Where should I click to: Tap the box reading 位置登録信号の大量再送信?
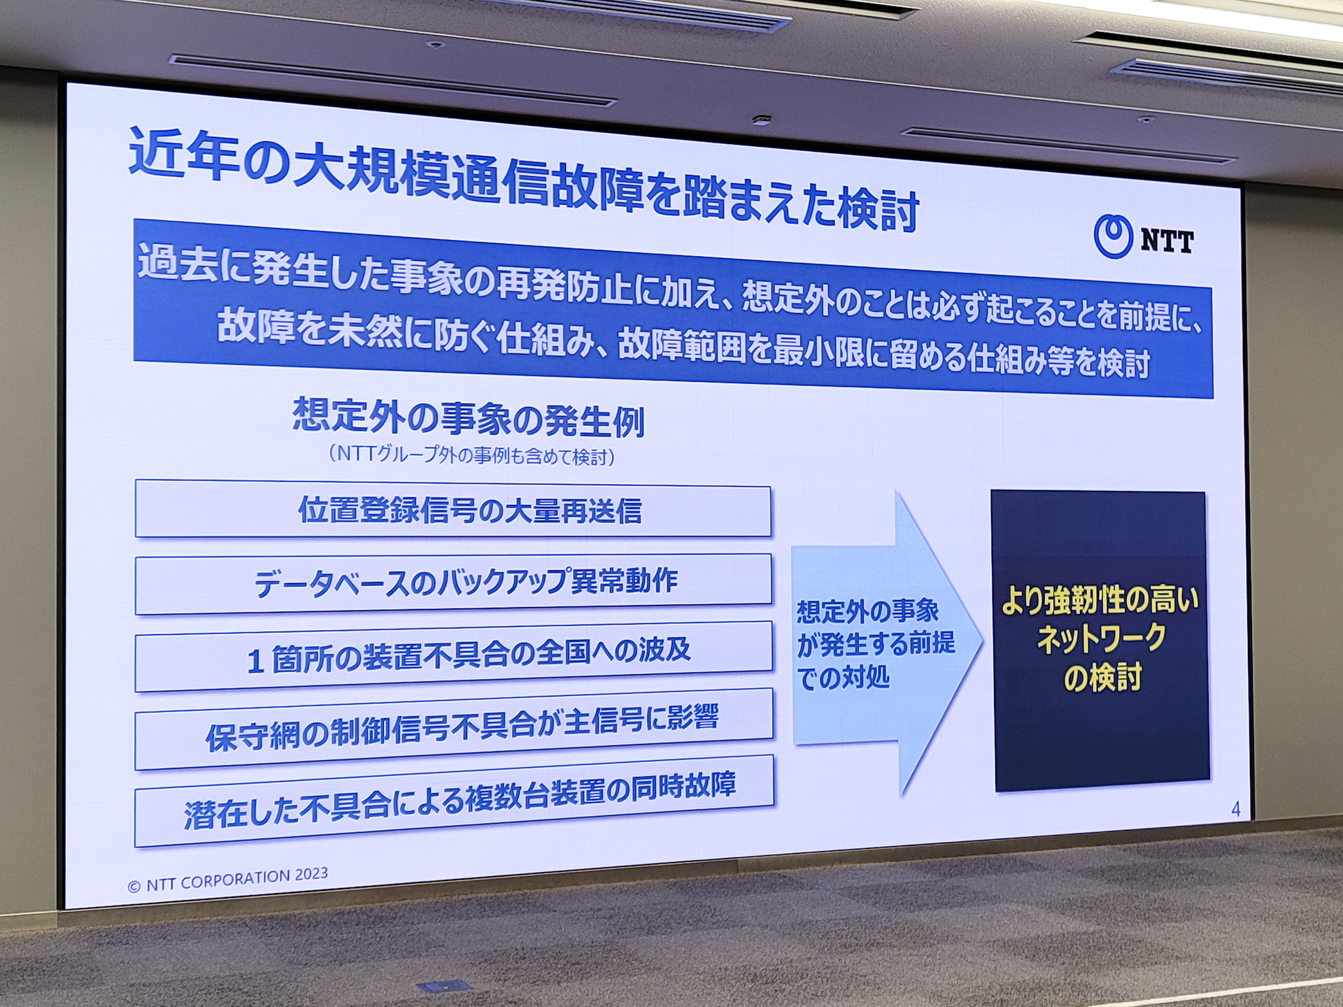coord(453,510)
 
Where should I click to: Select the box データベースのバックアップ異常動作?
coord(453,583)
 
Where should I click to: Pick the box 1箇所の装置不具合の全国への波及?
coord(454,657)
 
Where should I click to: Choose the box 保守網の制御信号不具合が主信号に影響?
coord(454,729)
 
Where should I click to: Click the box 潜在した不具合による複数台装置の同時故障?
coord(454,801)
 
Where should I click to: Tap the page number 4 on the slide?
coord(1235,810)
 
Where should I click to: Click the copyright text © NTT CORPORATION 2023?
coord(227,880)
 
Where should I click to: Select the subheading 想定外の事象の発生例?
coord(468,418)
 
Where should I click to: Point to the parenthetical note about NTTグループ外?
coord(471,455)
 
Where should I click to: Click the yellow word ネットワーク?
coord(1101,638)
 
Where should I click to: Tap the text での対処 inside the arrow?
coord(844,678)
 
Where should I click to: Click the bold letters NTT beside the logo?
coord(1167,241)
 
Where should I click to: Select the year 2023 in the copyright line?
coord(311,874)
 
